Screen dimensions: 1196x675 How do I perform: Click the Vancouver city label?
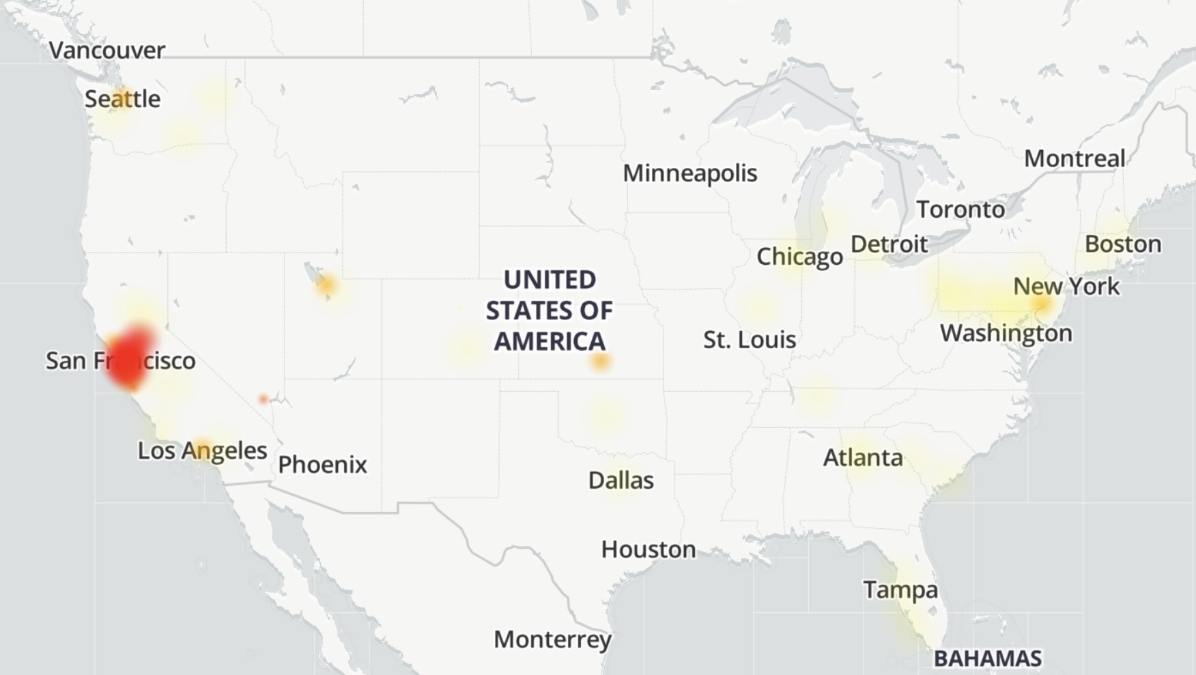(107, 51)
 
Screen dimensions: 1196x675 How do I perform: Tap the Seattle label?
(122, 99)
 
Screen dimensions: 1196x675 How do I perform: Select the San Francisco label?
(120, 360)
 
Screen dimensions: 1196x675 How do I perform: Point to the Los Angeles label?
(202, 450)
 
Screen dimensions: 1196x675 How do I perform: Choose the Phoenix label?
(322, 465)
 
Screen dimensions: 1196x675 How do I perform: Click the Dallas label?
(621, 480)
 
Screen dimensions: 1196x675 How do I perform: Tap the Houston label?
(648, 549)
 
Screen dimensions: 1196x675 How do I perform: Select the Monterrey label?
(552, 640)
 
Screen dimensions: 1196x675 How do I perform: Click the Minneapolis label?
(689, 173)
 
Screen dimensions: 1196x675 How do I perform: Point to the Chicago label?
(799, 257)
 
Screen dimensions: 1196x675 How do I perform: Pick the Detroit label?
(889, 244)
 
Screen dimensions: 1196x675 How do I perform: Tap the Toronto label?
(960, 210)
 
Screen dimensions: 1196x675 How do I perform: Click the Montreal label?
(1074, 159)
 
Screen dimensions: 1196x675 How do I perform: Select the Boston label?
(1122, 244)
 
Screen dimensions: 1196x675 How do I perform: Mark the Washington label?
(1006, 333)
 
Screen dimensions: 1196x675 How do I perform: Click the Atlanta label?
(863, 457)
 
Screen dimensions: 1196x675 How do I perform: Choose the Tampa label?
(900, 590)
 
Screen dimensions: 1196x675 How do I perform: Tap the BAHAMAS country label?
(987, 659)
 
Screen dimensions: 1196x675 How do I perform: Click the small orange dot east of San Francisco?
(264, 399)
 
